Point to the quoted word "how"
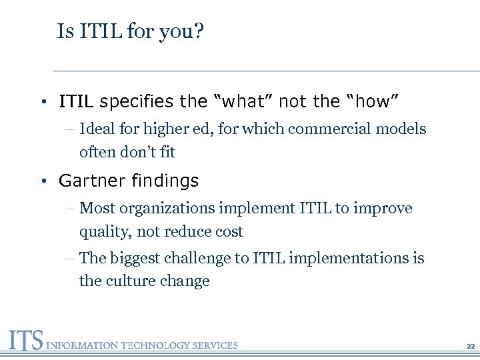click(x=371, y=102)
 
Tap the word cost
click(x=229, y=232)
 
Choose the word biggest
click(x=133, y=258)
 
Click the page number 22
click(x=471, y=347)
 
